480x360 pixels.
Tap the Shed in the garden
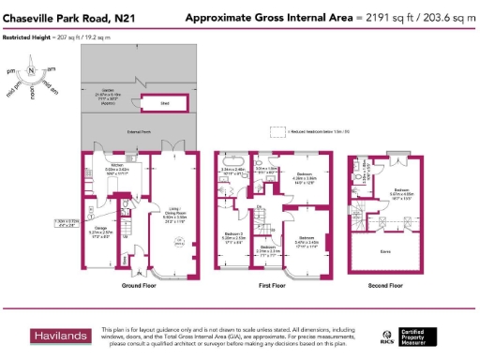(163, 104)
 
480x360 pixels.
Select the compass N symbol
(32, 71)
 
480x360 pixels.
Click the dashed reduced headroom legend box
(277, 132)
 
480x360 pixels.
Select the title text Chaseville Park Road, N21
(67, 18)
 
